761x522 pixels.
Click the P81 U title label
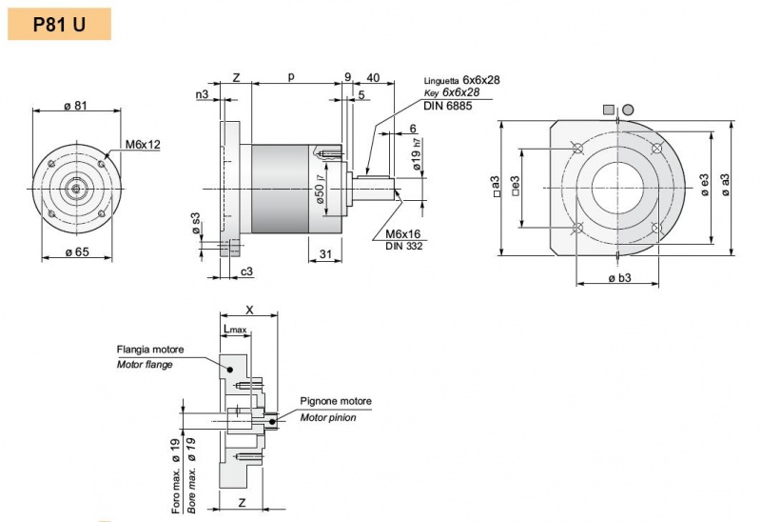(x=59, y=24)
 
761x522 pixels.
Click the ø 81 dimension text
(x=76, y=105)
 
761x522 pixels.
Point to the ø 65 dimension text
(x=76, y=251)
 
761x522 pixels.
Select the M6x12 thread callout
(x=143, y=145)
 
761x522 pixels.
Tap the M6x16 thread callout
(x=405, y=234)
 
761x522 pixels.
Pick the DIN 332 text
(x=404, y=247)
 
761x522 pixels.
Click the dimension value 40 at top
(x=373, y=77)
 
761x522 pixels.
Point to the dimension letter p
(x=291, y=76)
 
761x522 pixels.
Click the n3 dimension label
(x=202, y=94)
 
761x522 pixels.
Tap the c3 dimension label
(x=246, y=272)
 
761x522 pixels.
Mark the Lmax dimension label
(x=234, y=330)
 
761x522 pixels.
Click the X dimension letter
(x=249, y=310)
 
